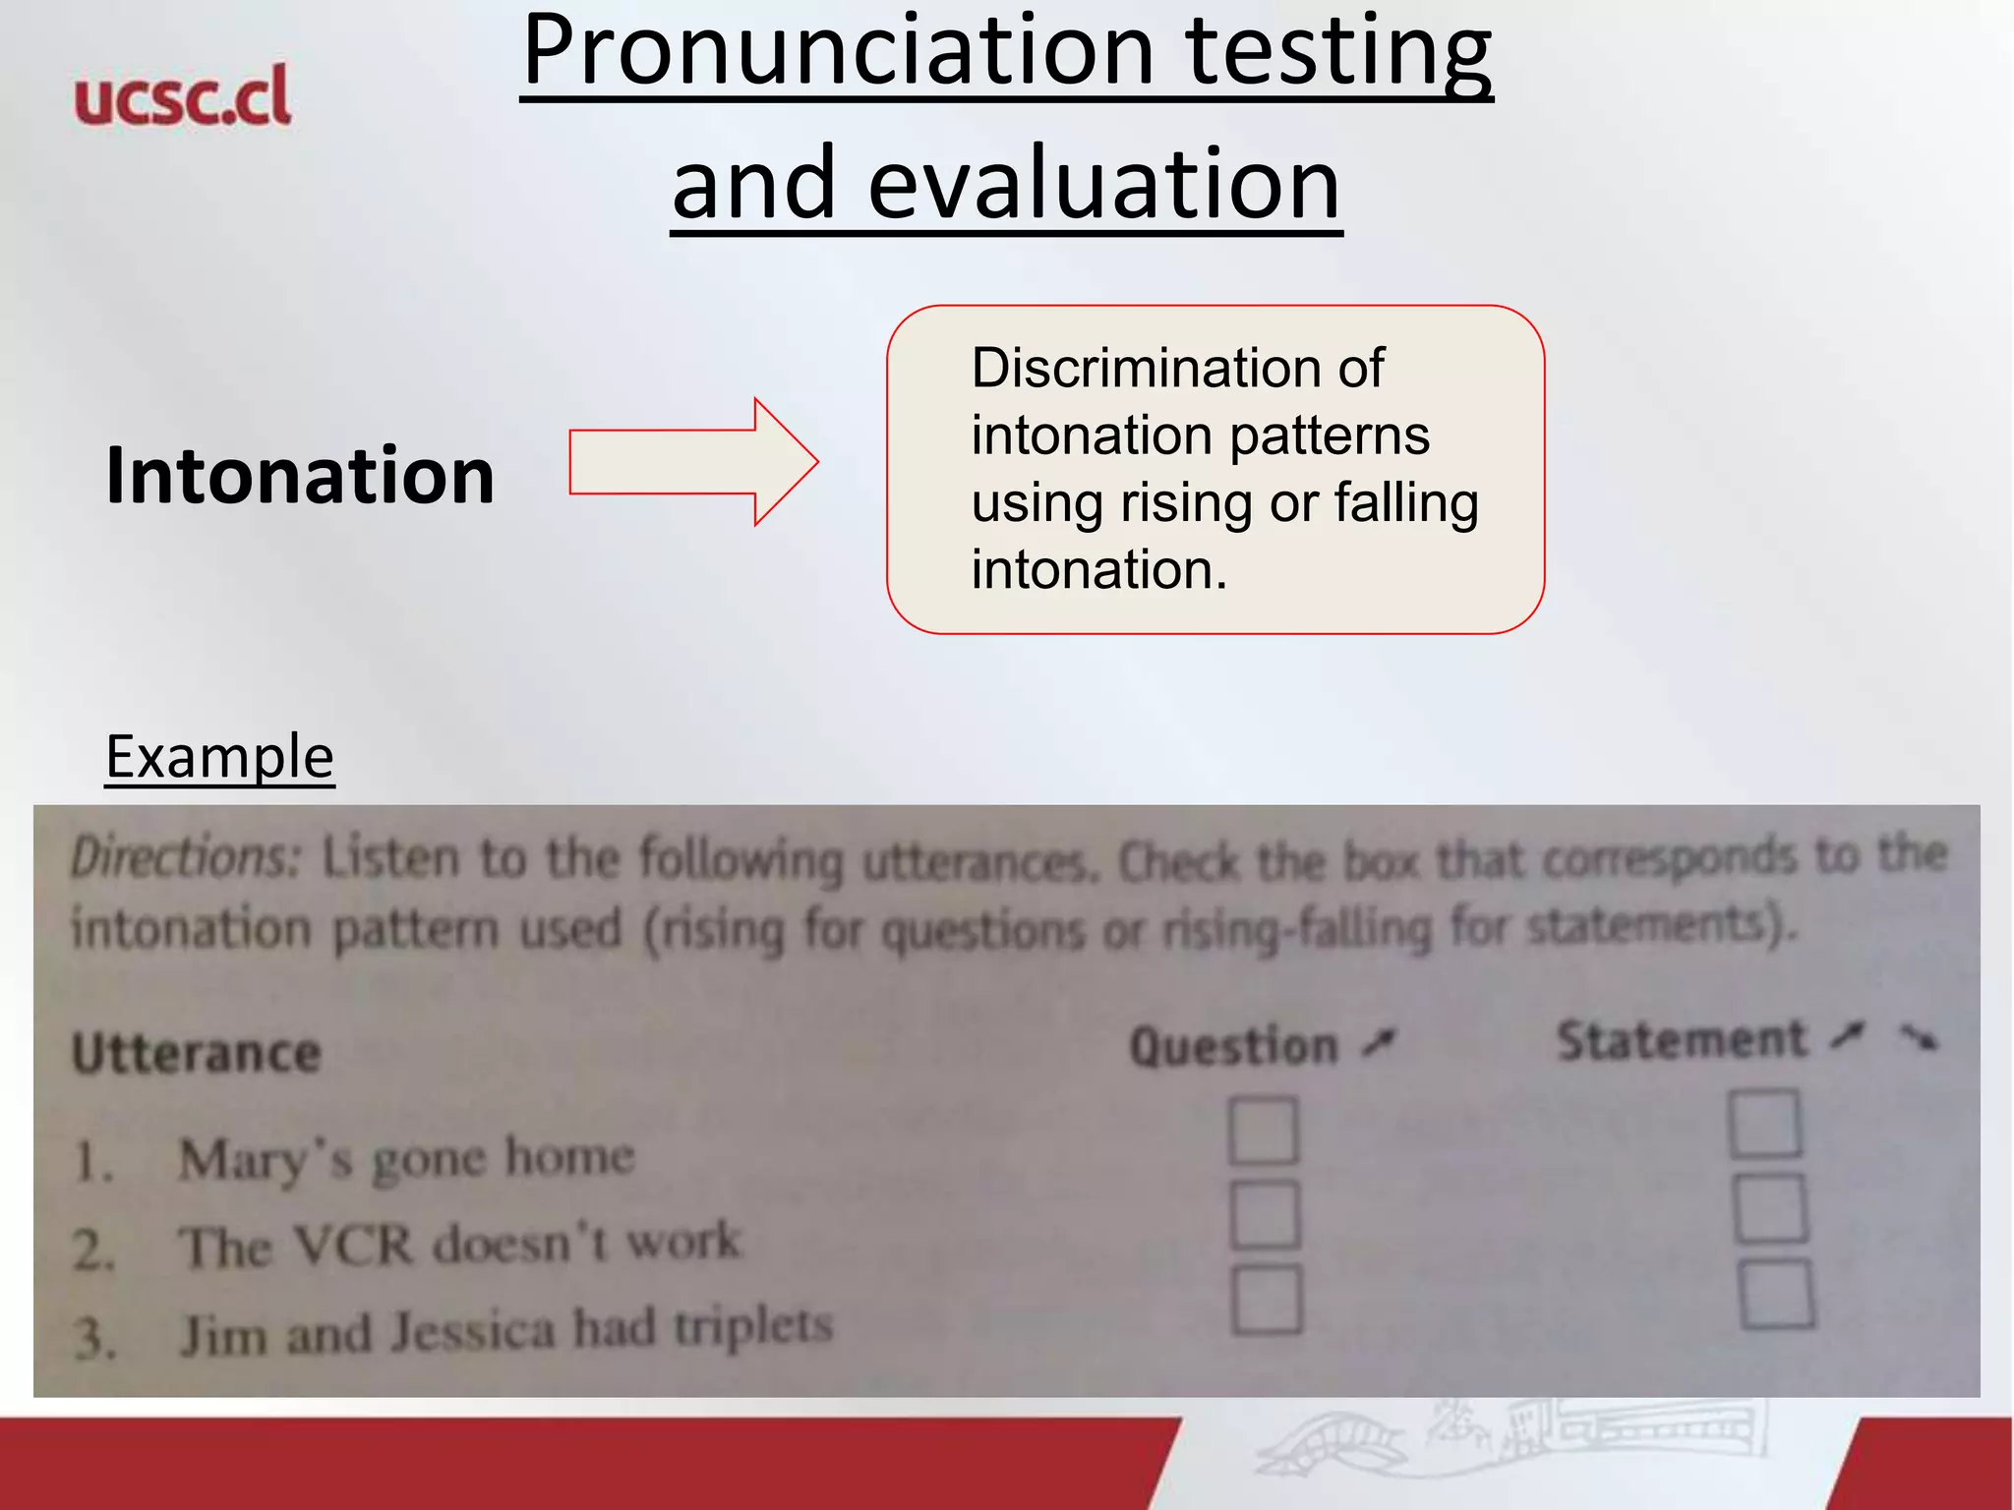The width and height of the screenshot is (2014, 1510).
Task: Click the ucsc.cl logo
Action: pyautogui.click(x=183, y=96)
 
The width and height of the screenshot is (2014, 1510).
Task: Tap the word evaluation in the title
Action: pyautogui.click(x=1103, y=185)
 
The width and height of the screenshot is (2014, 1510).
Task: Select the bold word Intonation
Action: pyautogui.click(x=300, y=476)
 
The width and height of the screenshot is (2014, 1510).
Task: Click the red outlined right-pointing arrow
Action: pyautogui.click(x=693, y=462)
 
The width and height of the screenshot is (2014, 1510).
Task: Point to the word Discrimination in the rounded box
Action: pyautogui.click(x=1131, y=369)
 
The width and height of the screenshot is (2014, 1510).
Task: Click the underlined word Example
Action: pyautogui.click(x=219, y=757)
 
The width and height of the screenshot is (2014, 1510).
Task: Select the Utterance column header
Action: pyautogui.click(x=197, y=1054)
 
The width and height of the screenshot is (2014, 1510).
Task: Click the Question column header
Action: pyautogui.click(x=1235, y=1046)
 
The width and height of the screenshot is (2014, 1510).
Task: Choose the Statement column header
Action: pyautogui.click(x=1683, y=1041)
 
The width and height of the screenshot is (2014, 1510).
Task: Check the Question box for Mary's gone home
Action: pyautogui.click(x=1263, y=1131)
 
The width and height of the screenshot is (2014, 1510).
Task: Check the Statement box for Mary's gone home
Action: pyautogui.click(x=1765, y=1124)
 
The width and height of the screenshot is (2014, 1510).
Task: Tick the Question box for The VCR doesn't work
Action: pyautogui.click(x=1265, y=1214)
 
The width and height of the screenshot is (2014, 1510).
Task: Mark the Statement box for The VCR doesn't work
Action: pyautogui.click(x=1769, y=1208)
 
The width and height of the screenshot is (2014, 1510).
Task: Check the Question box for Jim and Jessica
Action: pyautogui.click(x=1268, y=1299)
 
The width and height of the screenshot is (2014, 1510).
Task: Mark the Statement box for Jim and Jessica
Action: pyautogui.click(x=1776, y=1294)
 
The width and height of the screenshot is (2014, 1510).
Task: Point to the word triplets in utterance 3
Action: pyautogui.click(x=752, y=1326)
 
